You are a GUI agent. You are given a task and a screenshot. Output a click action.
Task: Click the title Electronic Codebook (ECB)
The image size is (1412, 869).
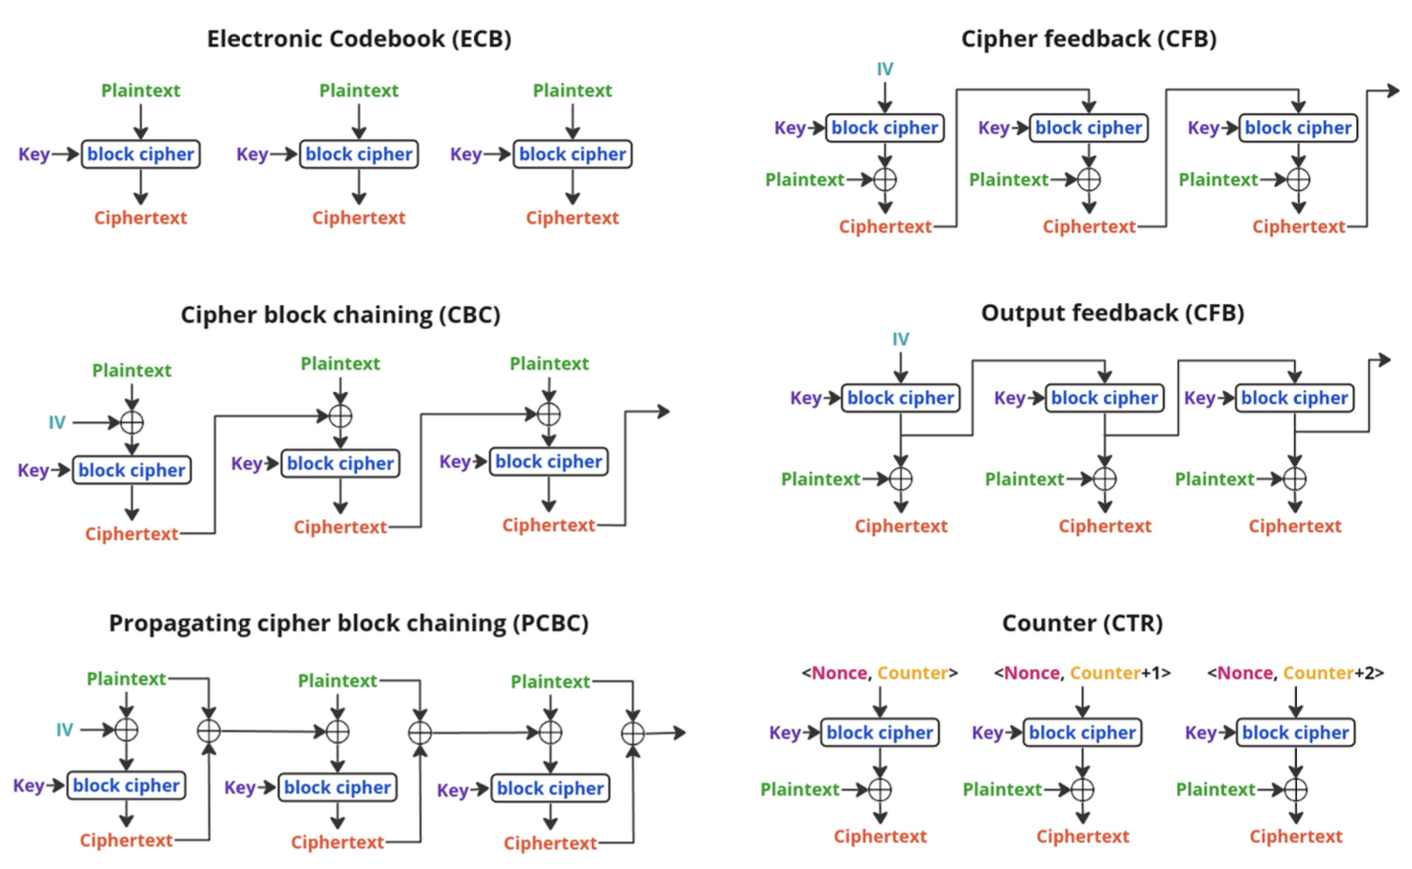click(x=359, y=39)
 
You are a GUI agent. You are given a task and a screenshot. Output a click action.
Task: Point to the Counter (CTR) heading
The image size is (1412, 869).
click(x=1082, y=623)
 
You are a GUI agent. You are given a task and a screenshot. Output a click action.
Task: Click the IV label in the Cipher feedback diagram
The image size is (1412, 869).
click(x=884, y=69)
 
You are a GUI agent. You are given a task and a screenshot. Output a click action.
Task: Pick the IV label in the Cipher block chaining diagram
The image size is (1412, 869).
click(x=57, y=422)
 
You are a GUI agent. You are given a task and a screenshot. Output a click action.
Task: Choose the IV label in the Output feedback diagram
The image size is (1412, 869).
click(x=900, y=340)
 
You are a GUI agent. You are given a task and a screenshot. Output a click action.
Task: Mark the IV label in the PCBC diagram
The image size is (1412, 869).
click(x=64, y=730)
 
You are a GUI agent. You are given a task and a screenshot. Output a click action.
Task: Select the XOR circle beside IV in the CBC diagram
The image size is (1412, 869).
click(x=131, y=422)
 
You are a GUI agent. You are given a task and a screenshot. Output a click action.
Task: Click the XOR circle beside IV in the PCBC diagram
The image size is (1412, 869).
click(x=126, y=730)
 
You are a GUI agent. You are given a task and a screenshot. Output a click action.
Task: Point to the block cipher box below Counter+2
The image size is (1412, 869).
click(x=1295, y=733)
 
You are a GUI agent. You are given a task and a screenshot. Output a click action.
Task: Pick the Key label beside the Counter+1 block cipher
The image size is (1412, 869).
click(x=987, y=733)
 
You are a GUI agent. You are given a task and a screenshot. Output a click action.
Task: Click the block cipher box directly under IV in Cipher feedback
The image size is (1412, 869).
click(x=884, y=128)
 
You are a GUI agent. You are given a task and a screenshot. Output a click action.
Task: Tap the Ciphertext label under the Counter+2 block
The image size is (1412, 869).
click(x=1295, y=836)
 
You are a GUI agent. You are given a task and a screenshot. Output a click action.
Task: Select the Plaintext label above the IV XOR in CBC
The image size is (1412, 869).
click(x=131, y=370)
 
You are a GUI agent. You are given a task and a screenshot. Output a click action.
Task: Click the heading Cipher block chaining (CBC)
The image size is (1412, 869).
click(x=340, y=316)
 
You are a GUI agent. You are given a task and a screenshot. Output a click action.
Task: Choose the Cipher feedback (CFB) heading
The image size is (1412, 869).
click(x=1089, y=39)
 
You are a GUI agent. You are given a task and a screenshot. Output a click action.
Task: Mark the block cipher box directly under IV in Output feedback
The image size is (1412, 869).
click(x=900, y=398)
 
